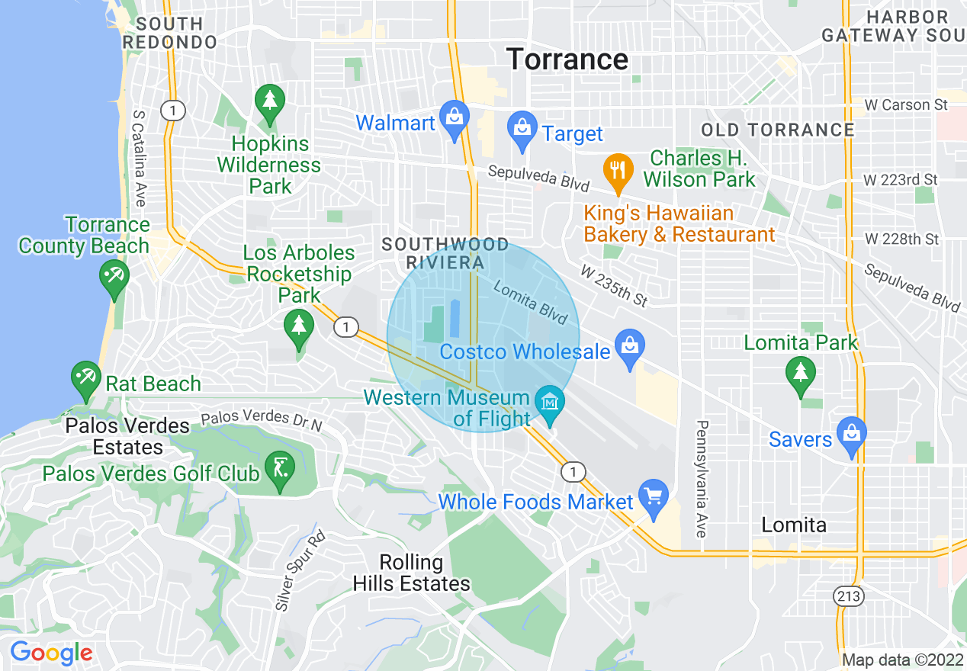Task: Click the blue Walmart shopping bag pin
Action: [x=455, y=118]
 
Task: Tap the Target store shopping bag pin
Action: [x=522, y=130]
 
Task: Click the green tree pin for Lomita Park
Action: [x=800, y=375]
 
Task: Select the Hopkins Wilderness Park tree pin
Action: [x=269, y=102]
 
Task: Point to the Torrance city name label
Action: [x=567, y=59]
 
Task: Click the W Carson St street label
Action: [x=908, y=104]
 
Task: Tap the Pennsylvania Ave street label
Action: [x=702, y=478]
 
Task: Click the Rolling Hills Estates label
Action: [x=411, y=573]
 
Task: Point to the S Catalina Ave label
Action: [x=139, y=158]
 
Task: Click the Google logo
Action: [x=50, y=653]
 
